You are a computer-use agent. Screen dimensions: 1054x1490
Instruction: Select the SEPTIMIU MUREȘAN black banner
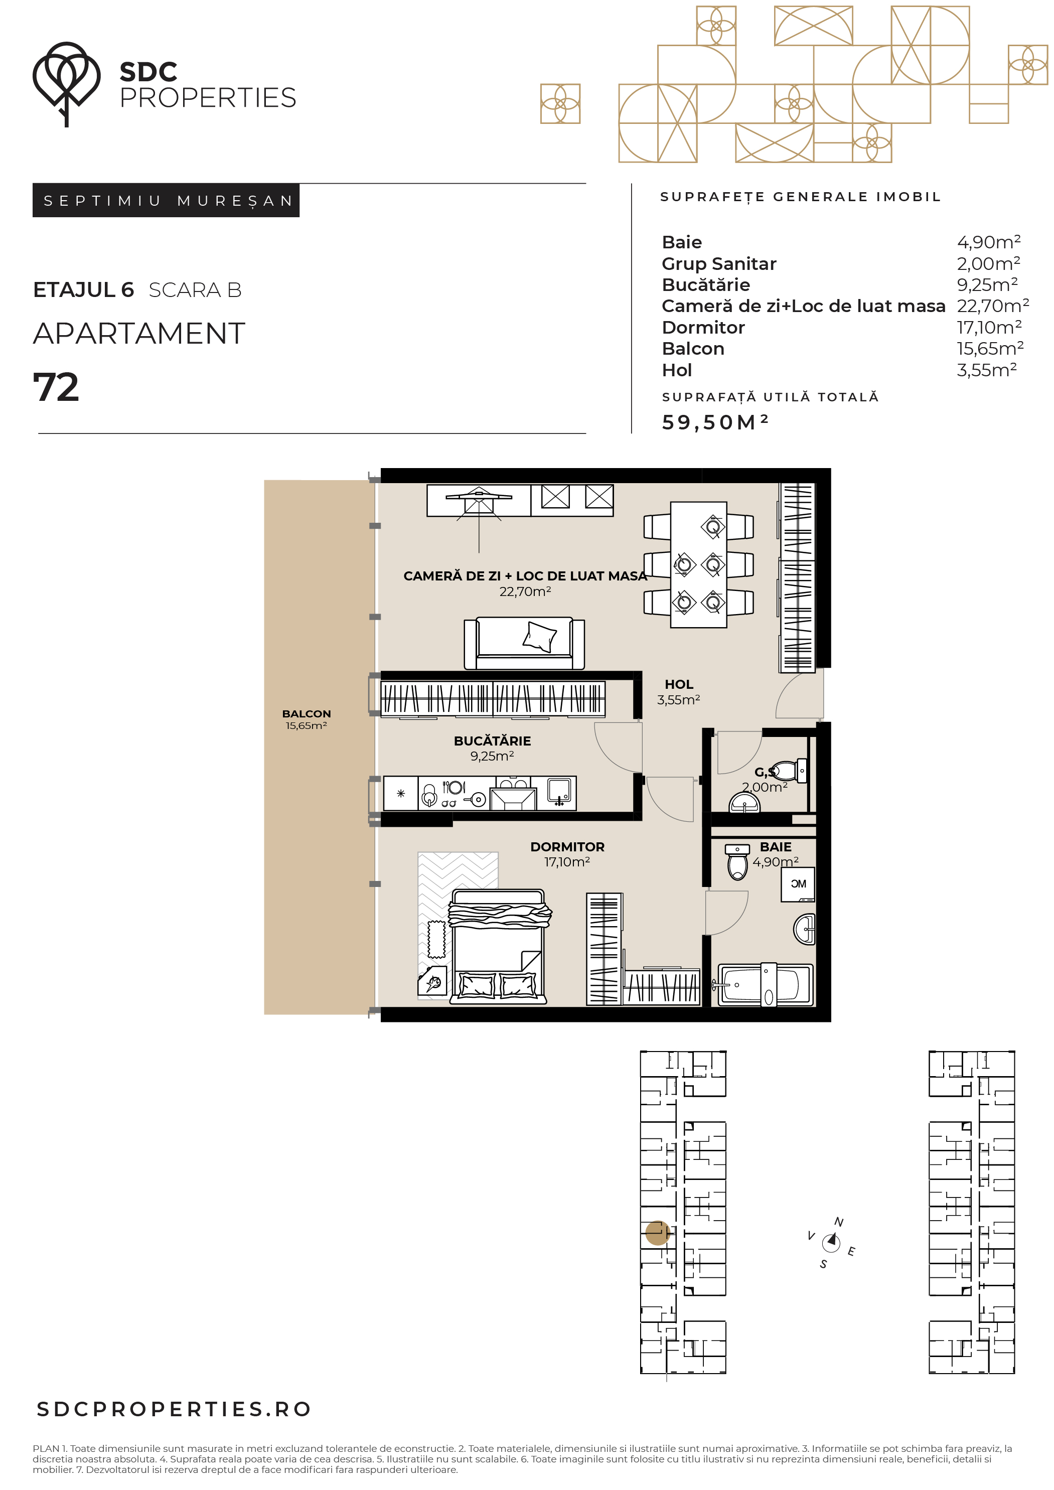pos(166,201)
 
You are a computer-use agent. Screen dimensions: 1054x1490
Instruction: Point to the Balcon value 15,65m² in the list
pos(990,349)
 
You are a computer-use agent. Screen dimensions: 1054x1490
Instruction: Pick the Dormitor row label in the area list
pos(703,327)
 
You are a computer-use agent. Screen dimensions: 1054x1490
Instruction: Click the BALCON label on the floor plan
pos(307,714)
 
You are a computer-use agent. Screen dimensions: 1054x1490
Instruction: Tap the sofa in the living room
pos(524,643)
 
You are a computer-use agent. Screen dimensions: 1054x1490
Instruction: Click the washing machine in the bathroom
pos(798,883)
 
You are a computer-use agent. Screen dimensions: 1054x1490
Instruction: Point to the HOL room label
pos(679,685)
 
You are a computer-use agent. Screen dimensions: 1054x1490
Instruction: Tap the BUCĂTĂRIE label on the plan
pos(492,741)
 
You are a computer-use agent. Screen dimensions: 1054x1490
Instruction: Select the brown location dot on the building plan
pos(658,1233)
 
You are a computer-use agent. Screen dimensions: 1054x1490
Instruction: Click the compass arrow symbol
pos(831,1243)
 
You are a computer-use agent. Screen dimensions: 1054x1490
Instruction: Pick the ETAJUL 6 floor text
pos(83,290)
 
